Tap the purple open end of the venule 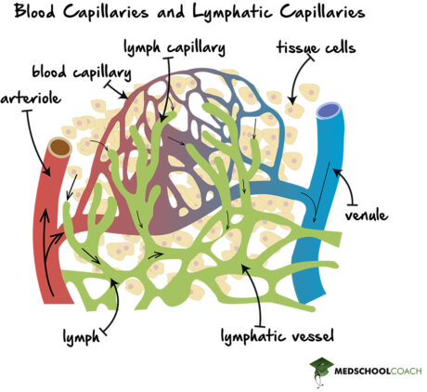point(329,113)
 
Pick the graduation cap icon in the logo point(321,366)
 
